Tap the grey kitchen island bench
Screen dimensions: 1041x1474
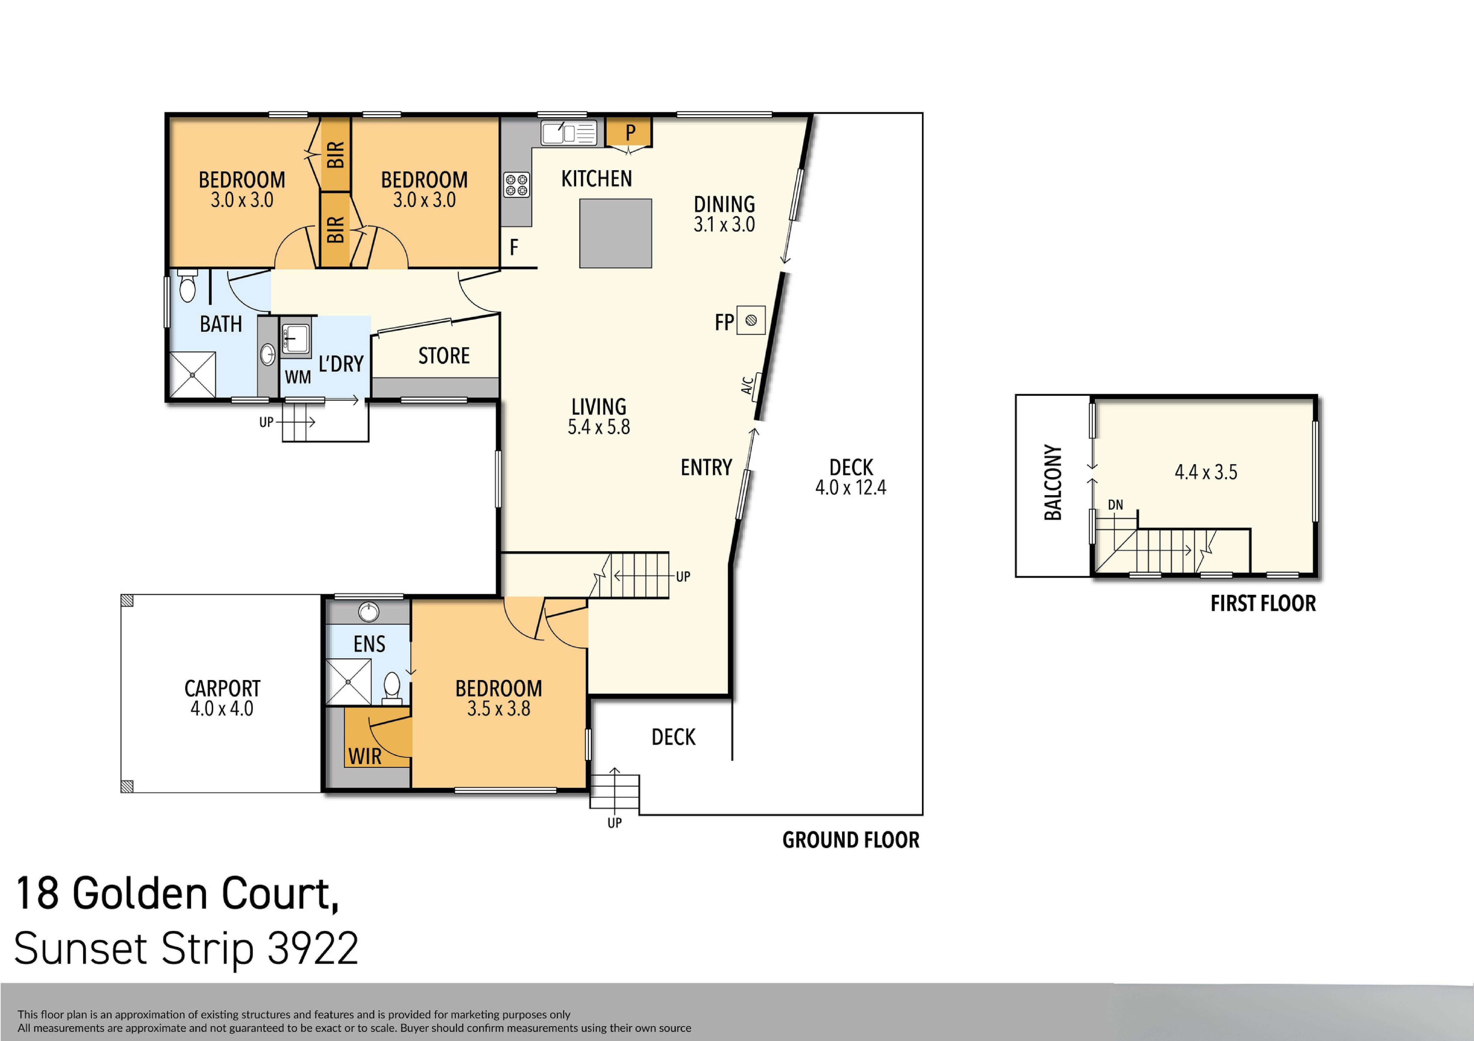615,233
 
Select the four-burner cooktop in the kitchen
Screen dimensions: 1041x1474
516,185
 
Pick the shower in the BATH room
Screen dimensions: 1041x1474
193,375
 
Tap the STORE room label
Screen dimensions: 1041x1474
444,356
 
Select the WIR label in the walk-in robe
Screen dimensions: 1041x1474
365,756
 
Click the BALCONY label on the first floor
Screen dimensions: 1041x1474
1053,482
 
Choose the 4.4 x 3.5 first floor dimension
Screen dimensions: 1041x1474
1206,472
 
